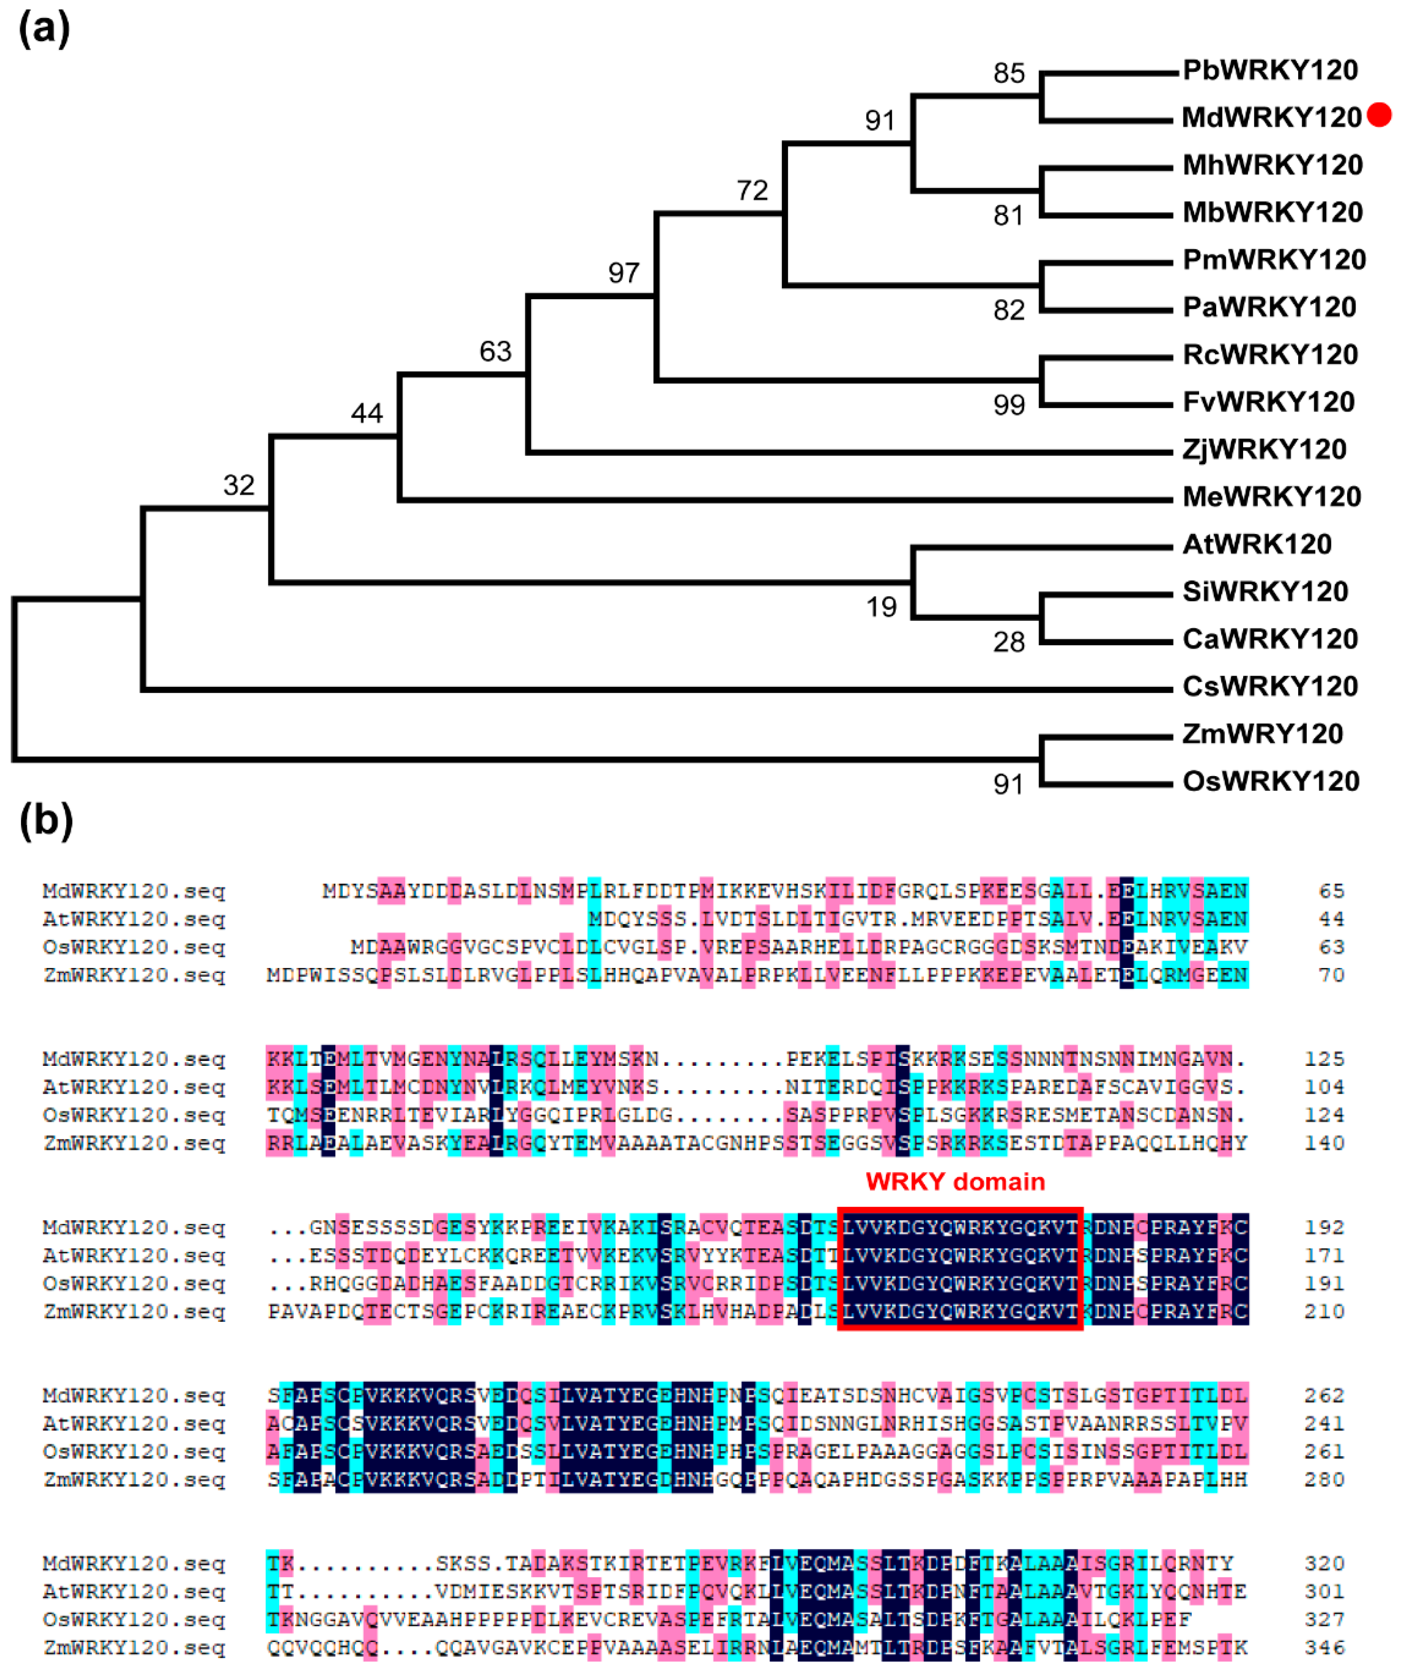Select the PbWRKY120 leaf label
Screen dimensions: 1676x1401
[1269, 70]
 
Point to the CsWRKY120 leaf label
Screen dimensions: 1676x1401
[1269, 686]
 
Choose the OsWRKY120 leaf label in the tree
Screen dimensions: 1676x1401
[1270, 781]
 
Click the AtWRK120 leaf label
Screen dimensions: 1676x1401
[1257, 544]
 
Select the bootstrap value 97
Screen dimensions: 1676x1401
[624, 273]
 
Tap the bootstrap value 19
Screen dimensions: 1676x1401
[882, 607]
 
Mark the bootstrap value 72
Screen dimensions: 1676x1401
[752, 191]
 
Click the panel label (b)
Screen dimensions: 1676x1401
[45, 821]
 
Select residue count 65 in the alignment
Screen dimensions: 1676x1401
[1331, 890]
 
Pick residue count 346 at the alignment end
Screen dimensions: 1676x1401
[1324, 1647]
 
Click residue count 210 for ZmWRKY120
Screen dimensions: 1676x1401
[1324, 1311]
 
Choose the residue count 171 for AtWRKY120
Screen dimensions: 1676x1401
[1324, 1255]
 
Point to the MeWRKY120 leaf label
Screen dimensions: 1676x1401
[1271, 497]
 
